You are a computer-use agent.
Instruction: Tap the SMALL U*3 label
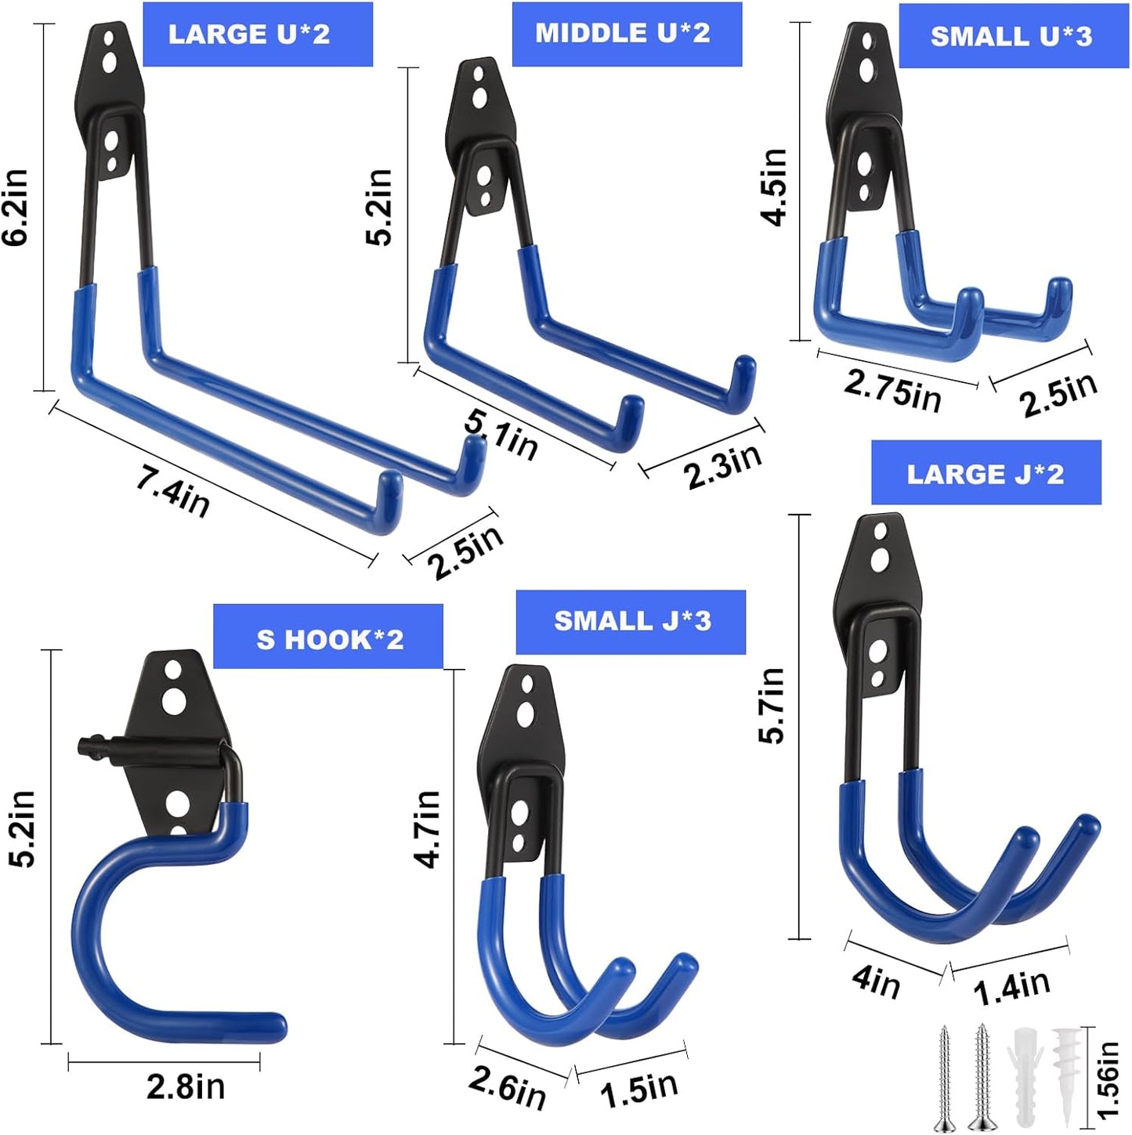(1012, 36)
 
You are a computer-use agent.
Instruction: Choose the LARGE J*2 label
(986, 474)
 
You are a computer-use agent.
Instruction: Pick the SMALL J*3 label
(631, 622)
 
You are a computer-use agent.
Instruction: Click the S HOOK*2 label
(329, 639)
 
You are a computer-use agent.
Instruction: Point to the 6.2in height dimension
(16, 208)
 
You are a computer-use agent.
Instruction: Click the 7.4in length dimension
(172, 492)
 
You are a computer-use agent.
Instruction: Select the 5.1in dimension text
(501, 436)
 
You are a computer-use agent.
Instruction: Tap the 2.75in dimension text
(892, 389)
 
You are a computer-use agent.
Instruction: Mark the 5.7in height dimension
(772, 705)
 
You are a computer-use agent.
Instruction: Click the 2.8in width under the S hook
(186, 1087)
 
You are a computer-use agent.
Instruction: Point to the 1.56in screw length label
(1108, 1079)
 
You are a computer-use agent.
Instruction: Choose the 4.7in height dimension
(428, 829)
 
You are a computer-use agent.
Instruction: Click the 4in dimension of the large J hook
(877, 981)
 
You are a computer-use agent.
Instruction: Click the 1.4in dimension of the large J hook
(1011, 987)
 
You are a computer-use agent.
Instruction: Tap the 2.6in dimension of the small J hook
(507, 1087)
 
